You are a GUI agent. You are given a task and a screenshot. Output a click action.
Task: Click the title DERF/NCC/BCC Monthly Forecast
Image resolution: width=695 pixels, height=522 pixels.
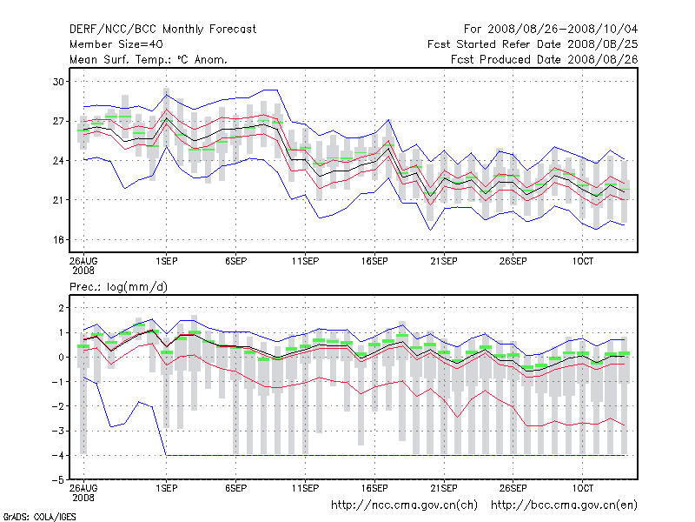[162, 29]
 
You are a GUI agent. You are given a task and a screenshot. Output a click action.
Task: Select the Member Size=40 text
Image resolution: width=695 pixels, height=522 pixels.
[116, 44]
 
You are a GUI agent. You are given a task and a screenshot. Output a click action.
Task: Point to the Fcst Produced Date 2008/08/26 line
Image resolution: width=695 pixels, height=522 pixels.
[544, 59]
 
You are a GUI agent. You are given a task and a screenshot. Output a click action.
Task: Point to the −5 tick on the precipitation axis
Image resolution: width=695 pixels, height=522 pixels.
[58, 479]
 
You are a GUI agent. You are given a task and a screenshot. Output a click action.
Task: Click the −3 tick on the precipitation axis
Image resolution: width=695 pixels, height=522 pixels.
[58, 431]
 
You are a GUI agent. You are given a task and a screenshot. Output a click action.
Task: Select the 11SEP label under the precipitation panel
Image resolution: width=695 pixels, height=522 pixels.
[305, 488]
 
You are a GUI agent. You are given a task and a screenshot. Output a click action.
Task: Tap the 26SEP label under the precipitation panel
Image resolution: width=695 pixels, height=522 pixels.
[513, 488]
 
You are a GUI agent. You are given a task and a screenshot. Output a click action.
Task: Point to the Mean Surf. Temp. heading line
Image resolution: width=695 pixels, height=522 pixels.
[149, 59]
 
